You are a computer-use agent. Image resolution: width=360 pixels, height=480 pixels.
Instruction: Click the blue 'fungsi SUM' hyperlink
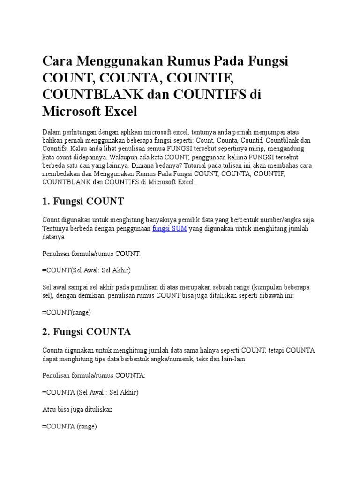170,229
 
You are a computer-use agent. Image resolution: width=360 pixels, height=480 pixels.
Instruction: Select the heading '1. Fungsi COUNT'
83,201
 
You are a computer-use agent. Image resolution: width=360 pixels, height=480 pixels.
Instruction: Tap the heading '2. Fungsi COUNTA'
86,332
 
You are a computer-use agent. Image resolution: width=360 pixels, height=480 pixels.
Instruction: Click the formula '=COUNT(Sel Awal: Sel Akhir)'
86,270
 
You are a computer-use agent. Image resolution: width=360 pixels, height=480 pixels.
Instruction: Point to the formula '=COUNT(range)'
66,312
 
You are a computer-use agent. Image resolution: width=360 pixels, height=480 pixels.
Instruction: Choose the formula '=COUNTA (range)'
69,426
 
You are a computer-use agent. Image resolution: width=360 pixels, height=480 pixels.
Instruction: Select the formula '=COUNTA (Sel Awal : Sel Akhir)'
90,392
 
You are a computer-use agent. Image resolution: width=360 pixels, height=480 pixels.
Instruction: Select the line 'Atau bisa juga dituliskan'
77,409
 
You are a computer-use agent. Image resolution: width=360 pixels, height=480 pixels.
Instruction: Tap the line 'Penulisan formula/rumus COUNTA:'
94,376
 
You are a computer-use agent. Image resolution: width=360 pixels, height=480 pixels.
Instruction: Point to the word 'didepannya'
89,157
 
